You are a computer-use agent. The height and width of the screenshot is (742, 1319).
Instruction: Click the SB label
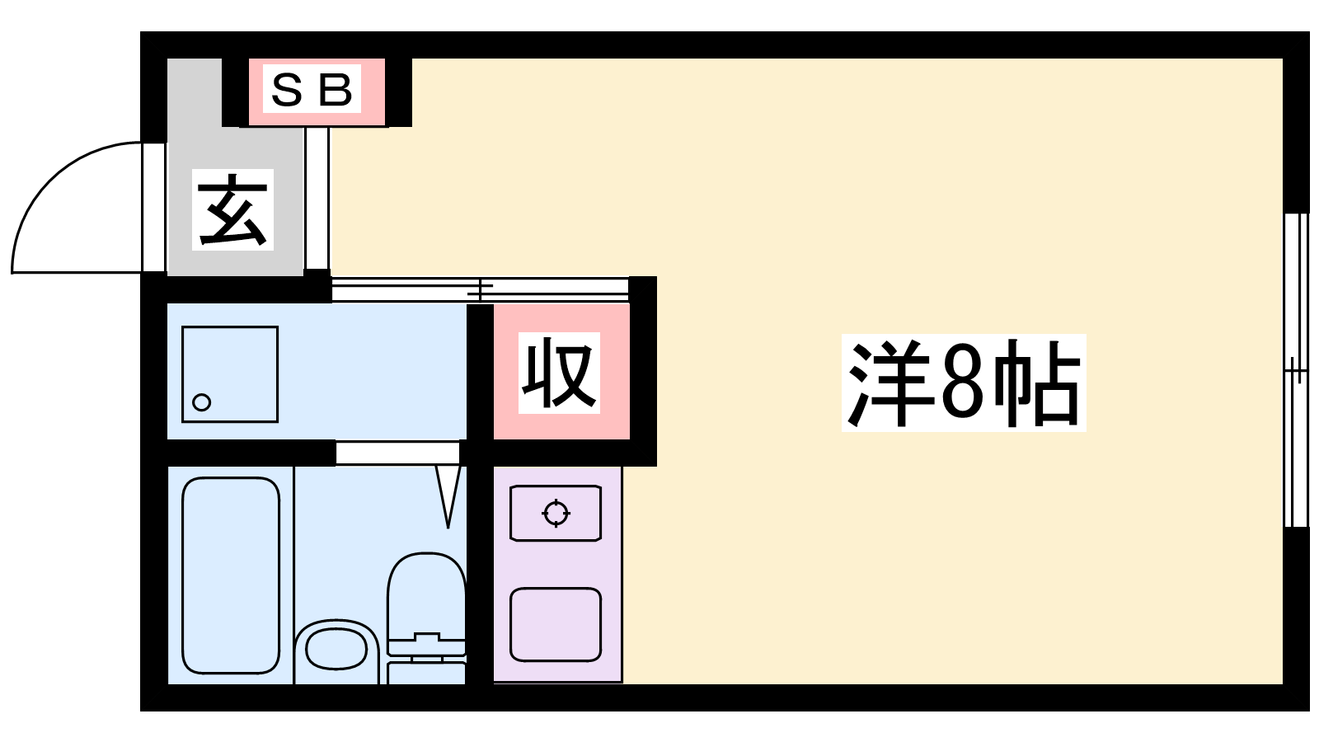point(312,90)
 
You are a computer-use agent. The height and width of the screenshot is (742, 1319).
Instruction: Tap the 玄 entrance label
point(232,209)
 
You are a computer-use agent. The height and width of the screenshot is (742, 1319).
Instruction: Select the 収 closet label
point(559,373)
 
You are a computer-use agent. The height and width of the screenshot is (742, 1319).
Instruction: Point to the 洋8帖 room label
point(964,383)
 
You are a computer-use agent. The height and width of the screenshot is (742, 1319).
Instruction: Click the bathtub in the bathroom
point(231,575)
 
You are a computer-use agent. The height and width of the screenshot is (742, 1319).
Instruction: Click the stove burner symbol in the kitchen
point(556,513)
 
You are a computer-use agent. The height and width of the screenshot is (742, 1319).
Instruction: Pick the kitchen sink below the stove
point(556,624)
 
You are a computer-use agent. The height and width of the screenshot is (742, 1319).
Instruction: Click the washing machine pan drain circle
point(202,402)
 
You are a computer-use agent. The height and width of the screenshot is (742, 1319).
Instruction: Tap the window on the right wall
point(1296,370)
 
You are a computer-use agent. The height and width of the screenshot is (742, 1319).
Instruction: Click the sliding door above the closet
point(481,289)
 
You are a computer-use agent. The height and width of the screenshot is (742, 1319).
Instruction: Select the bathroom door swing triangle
point(448,495)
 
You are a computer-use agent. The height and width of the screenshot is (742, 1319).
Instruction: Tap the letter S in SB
point(287,91)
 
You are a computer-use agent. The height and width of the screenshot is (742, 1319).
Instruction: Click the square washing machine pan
point(230,374)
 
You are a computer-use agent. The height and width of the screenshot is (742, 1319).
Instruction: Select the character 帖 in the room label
point(1038,383)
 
